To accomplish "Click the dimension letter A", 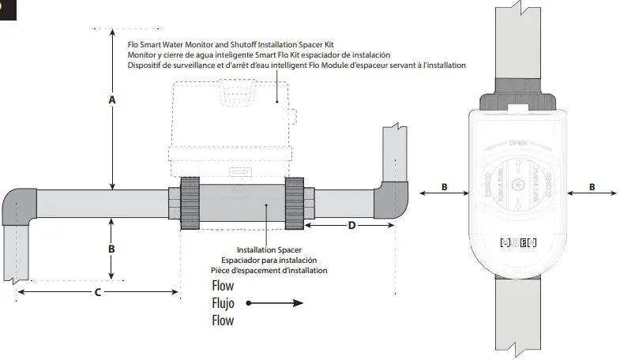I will pyautogui.click(x=112, y=100).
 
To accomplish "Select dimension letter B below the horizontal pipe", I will pyautogui.click(x=112, y=248).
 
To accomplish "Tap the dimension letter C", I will pyautogui.click(x=97, y=292).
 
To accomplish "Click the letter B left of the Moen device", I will pyautogui.click(x=444, y=188).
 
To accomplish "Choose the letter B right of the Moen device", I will pyautogui.click(x=592, y=188).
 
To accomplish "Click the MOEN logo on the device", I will pyautogui.click(x=519, y=242).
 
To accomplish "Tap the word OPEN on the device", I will pyautogui.click(x=518, y=144).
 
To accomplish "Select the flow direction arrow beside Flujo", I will pyautogui.click(x=276, y=302).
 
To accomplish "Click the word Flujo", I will pyautogui.click(x=223, y=302).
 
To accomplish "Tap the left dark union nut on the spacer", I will pyautogui.click(x=190, y=203).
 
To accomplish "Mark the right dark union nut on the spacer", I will pyautogui.click(x=294, y=203).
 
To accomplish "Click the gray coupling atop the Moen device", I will pyautogui.click(x=518, y=93).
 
